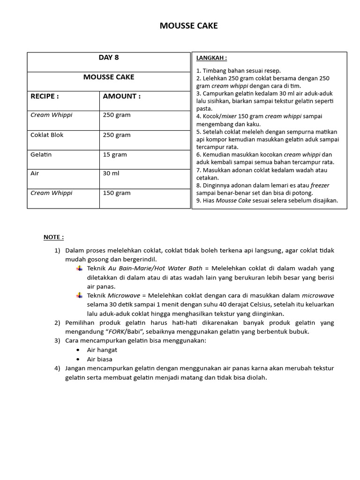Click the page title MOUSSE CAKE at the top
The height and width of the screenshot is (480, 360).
coord(188,26)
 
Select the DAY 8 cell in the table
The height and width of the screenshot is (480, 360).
coord(108,58)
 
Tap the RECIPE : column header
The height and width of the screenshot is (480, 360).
coord(45,96)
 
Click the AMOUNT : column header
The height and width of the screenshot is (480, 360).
coord(121,96)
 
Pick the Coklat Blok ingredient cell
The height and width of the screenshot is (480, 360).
coord(47,135)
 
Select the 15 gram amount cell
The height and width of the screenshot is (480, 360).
coord(114,155)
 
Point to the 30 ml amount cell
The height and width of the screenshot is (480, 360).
coord(111,173)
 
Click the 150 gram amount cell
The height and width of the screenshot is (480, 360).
coord(116,193)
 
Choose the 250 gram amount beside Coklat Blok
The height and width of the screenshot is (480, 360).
coord(116,135)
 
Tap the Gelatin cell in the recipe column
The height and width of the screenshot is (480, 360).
coord(41,155)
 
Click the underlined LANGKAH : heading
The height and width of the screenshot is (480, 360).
coord(211,58)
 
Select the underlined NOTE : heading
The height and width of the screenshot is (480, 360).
coord(53,237)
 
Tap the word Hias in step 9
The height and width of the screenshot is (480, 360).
coord(209,201)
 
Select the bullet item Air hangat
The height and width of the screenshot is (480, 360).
coord(102,350)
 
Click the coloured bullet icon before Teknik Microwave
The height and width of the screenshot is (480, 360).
coord(79,295)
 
